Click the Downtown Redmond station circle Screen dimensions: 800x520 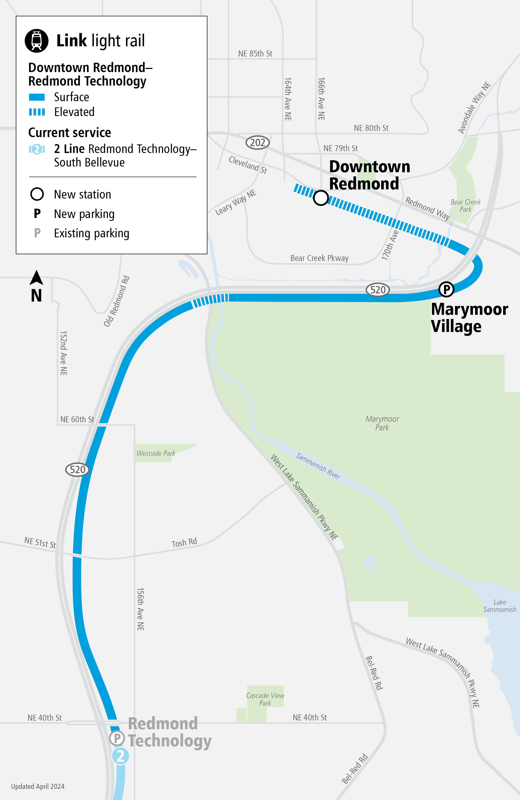[x=321, y=198]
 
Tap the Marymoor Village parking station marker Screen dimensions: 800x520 [x=446, y=289]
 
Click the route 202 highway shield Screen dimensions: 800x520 [x=258, y=143]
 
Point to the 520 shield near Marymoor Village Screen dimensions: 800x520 [x=378, y=290]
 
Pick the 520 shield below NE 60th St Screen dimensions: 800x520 [x=77, y=470]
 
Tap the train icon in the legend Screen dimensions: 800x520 [x=37, y=41]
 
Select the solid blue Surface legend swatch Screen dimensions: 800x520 [x=37, y=97]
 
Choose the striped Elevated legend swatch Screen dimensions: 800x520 [x=37, y=112]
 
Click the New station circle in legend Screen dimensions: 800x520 [x=37, y=194]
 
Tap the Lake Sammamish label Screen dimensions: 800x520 [x=499, y=606]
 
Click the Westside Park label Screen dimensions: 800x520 [x=156, y=453]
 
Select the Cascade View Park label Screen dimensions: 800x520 [x=265, y=699]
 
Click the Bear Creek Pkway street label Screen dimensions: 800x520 [x=320, y=258]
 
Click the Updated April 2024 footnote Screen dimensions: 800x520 [x=38, y=786]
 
